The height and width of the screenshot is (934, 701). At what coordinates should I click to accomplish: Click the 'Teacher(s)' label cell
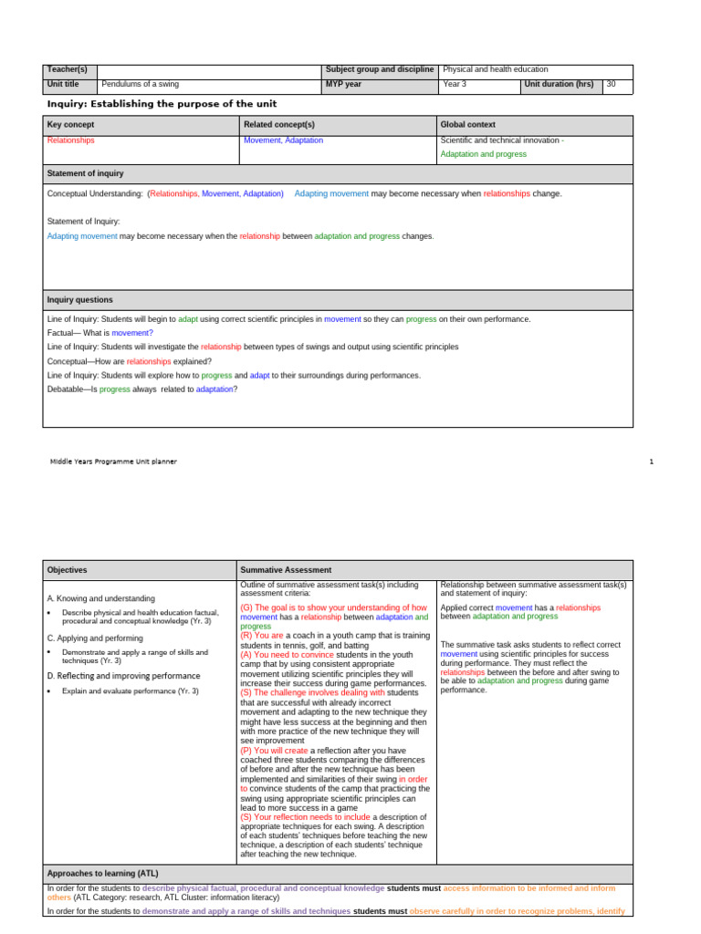point(67,70)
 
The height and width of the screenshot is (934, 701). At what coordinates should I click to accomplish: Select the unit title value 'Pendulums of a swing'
point(140,85)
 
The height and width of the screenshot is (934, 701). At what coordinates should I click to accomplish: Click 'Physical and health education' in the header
point(496,70)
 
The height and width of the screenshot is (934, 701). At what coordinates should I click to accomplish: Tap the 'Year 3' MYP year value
point(455,85)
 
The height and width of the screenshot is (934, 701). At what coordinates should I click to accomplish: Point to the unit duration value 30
point(612,85)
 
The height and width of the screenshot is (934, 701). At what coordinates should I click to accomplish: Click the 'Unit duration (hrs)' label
point(559,85)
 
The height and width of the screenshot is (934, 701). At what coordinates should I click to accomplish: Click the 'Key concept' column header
point(70,124)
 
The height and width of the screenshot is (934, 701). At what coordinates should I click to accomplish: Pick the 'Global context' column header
point(469,124)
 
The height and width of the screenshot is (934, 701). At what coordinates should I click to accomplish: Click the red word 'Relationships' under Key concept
point(70,141)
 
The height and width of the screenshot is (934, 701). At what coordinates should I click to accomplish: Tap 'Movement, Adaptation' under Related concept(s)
point(283,141)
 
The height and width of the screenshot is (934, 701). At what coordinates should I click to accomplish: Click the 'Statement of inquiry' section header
point(85,173)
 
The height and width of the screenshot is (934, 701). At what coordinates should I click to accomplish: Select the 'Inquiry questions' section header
point(80,300)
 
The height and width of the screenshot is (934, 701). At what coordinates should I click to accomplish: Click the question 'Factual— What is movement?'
point(100,334)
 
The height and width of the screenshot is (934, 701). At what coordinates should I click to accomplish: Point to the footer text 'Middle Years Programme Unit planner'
point(113,462)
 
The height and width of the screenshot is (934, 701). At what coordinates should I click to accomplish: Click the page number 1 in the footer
point(652,462)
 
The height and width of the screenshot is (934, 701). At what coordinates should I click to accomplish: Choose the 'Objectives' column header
point(67,570)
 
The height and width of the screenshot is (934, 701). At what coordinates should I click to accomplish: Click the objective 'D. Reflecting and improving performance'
point(123,676)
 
